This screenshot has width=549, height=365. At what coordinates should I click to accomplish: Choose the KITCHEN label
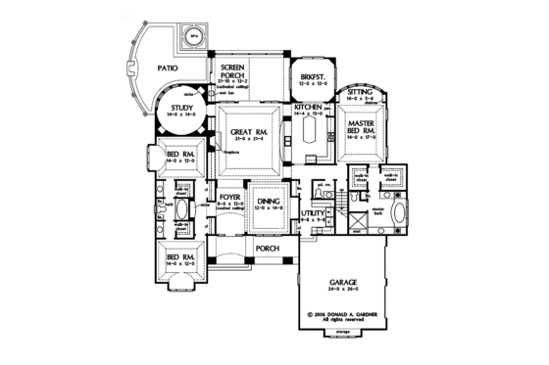pyautogui.click(x=310, y=107)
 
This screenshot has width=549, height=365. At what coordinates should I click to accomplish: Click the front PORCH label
pyautogui.click(x=266, y=249)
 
